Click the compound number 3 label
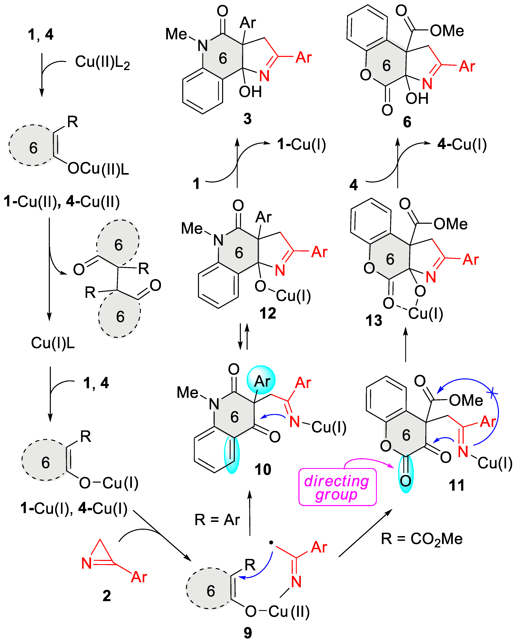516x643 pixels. click(x=247, y=119)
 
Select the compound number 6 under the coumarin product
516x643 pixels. click(x=407, y=122)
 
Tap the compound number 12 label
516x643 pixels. click(x=268, y=313)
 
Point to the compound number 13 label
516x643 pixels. click(x=374, y=321)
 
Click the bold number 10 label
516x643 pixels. click(x=263, y=469)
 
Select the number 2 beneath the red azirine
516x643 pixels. click(x=106, y=596)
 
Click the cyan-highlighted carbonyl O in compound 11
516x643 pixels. click(x=406, y=480)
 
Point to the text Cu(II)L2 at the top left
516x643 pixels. click(x=102, y=62)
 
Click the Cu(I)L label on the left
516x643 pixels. click(x=53, y=343)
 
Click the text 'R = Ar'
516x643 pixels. click(x=217, y=520)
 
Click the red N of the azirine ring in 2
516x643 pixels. click(x=86, y=563)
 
